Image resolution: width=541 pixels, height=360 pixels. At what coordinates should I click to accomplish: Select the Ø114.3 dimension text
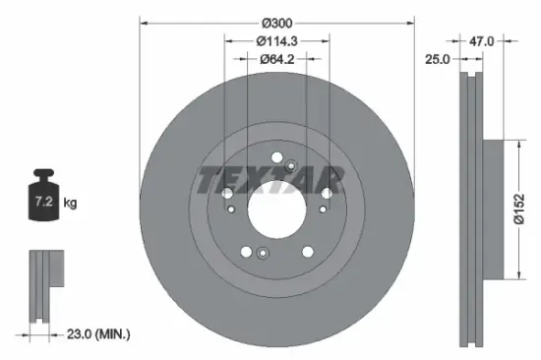point(276,41)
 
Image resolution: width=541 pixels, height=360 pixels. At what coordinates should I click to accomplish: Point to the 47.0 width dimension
point(482,41)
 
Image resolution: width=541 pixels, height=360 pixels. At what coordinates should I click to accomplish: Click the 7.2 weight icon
point(42,202)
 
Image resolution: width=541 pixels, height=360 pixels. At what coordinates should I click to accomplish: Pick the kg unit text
point(70,204)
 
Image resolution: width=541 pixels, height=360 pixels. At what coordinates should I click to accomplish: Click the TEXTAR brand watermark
point(270,181)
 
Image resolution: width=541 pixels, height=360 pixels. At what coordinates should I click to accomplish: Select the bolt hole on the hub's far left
point(227,193)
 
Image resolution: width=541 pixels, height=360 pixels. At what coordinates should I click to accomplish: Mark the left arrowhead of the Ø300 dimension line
point(143,22)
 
